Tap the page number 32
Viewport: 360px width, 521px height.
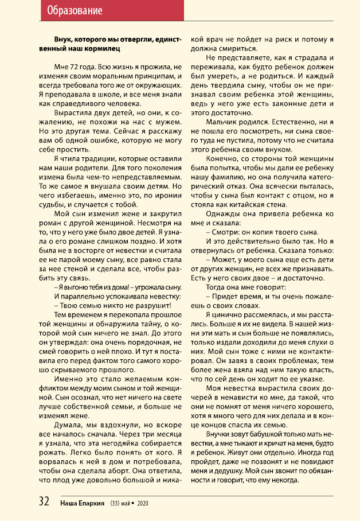coord(44,501)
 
